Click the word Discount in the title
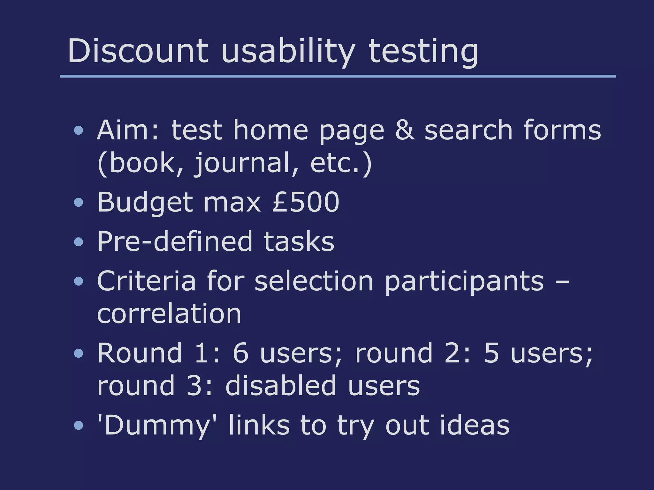138,51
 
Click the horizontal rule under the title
338,76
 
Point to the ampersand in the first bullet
405,130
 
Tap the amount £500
306,202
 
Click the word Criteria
146,281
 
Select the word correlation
169,314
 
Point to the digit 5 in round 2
491,353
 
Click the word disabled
281,386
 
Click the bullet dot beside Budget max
78,202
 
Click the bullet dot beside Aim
78,130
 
